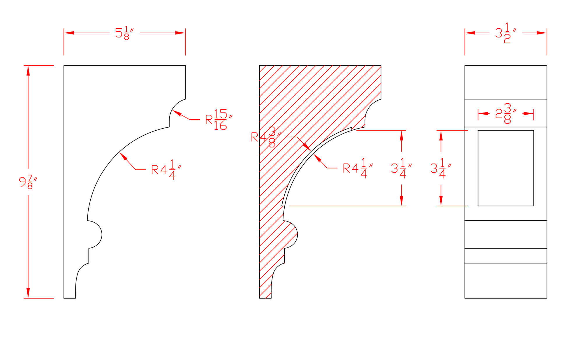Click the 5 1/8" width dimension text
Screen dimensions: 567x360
[x=125, y=33]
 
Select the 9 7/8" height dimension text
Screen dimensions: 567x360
[x=28, y=182]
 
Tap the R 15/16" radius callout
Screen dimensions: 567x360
[x=219, y=119]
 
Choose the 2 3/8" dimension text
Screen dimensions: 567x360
[x=506, y=113]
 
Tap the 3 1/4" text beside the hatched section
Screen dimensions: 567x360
[x=401, y=168]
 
